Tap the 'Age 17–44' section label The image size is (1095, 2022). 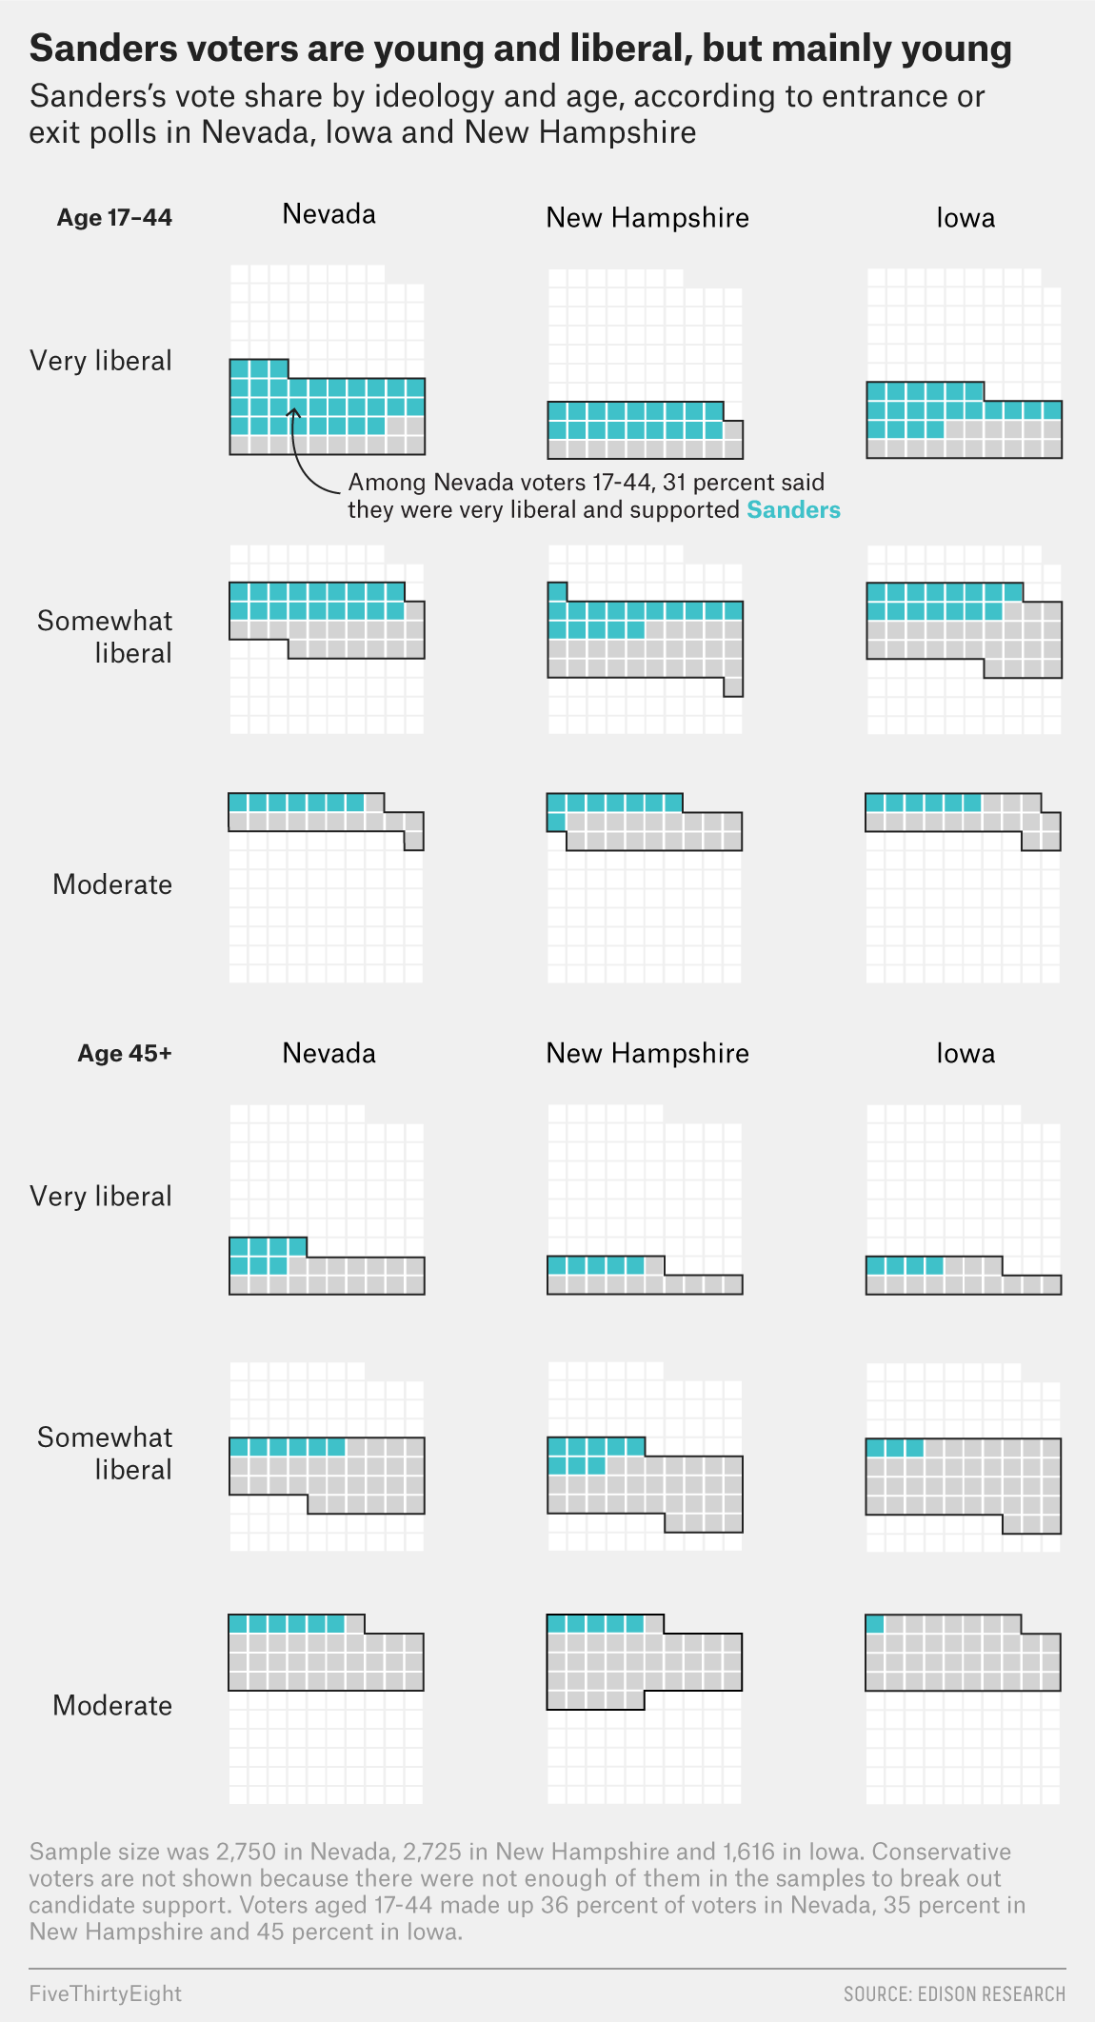tap(114, 218)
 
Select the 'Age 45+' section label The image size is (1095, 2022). tap(125, 1054)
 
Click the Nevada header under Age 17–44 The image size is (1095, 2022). tap(328, 214)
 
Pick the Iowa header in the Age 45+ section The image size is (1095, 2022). tap(965, 1054)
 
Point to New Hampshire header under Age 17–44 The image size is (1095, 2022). tap(647, 218)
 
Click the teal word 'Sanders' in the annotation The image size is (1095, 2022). tap(793, 510)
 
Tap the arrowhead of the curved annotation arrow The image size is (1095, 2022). tap(294, 411)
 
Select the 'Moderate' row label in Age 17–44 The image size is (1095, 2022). tap(112, 884)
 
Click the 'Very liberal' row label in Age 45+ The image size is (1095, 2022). tap(101, 1197)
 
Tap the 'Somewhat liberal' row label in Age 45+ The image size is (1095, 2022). tap(105, 1454)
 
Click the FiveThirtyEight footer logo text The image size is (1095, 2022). tap(105, 1993)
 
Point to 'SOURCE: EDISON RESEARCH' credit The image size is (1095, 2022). tap(954, 1994)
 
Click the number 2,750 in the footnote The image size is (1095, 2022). tap(247, 1852)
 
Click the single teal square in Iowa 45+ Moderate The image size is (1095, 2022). tap(875, 1624)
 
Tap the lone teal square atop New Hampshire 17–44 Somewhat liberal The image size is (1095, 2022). tap(557, 591)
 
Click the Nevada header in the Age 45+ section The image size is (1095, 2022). tap(328, 1054)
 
